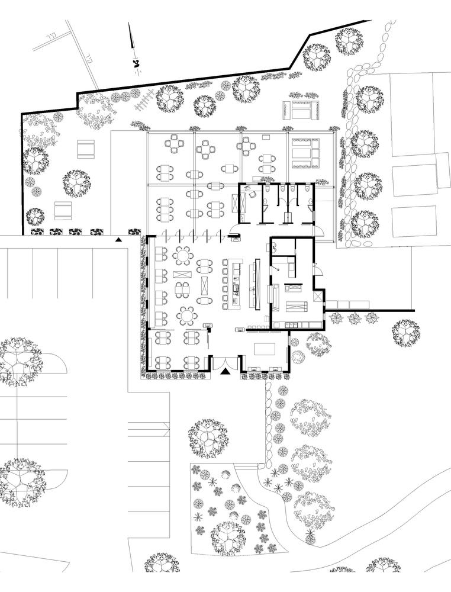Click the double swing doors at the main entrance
point(225,361)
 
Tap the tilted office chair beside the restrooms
point(251,192)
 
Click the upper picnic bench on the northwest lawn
point(86,149)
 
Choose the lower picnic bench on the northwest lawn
point(63,210)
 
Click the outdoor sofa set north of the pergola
point(302,110)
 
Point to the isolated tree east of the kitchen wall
point(405,332)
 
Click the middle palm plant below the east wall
point(354,318)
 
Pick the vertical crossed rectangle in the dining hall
point(205,285)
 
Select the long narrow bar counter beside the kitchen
point(257,283)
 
